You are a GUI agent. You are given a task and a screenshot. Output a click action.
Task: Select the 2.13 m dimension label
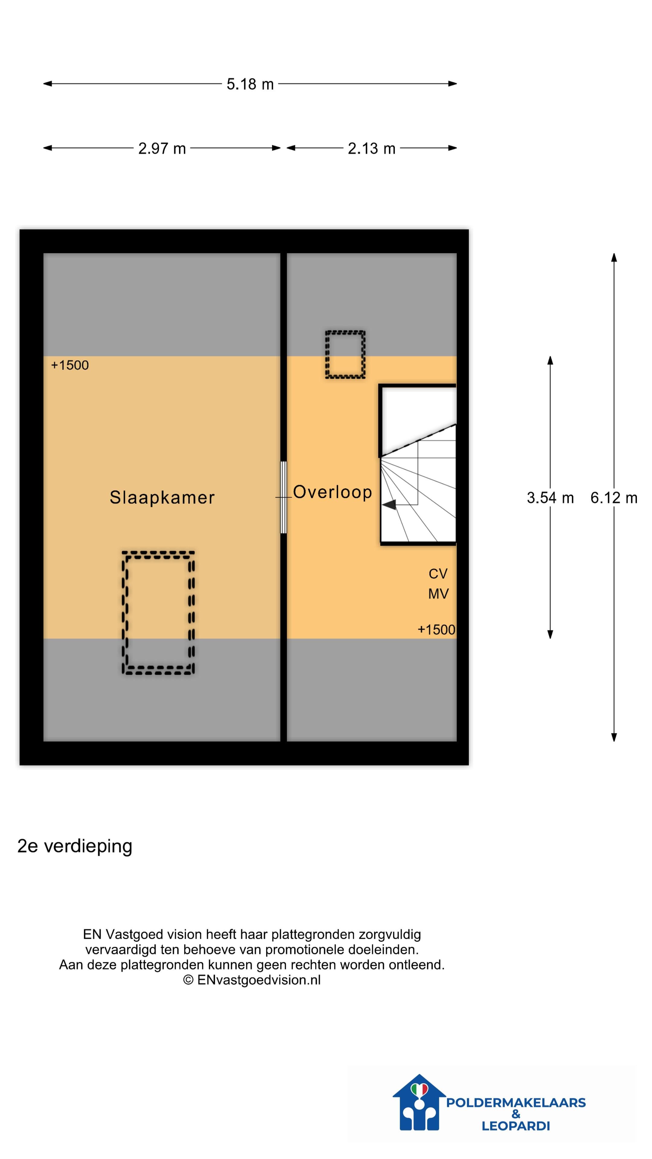click(x=371, y=148)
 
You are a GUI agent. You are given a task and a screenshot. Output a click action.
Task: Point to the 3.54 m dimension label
click(x=550, y=498)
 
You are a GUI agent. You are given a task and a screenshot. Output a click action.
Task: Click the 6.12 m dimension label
click(x=613, y=498)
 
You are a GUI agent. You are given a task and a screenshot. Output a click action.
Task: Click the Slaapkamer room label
click(x=162, y=497)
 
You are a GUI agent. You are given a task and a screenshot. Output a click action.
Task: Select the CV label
click(x=438, y=574)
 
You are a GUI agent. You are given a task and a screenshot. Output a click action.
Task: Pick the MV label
click(x=438, y=594)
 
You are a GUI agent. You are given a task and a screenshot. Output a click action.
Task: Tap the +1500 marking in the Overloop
click(x=436, y=629)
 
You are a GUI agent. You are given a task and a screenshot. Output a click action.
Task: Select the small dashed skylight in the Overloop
click(x=345, y=355)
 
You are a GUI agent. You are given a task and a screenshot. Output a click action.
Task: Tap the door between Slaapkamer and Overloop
click(x=283, y=497)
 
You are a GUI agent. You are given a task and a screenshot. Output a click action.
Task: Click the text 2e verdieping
click(x=75, y=846)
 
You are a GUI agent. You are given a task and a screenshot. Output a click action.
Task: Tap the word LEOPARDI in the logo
click(x=516, y=1126)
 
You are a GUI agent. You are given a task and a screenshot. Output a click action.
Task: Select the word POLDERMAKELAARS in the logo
click(x=516, y=1102)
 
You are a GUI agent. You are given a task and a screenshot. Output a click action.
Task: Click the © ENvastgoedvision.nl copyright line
click(x=251, y=980)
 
